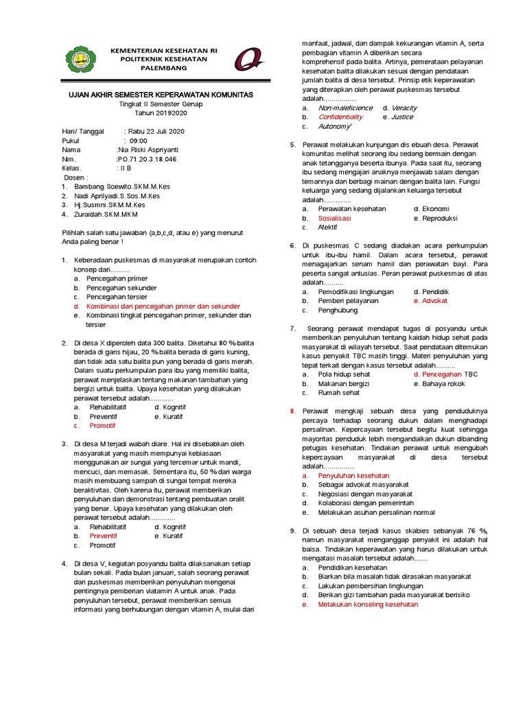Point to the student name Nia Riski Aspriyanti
point(148,149)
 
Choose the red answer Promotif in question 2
point(103,425)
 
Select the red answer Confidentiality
point(340,117)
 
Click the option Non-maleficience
point(345,108)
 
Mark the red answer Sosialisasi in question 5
point(334,217)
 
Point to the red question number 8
point(292,411)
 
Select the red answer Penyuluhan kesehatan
point(353,475)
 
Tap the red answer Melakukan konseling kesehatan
point(368,605)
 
